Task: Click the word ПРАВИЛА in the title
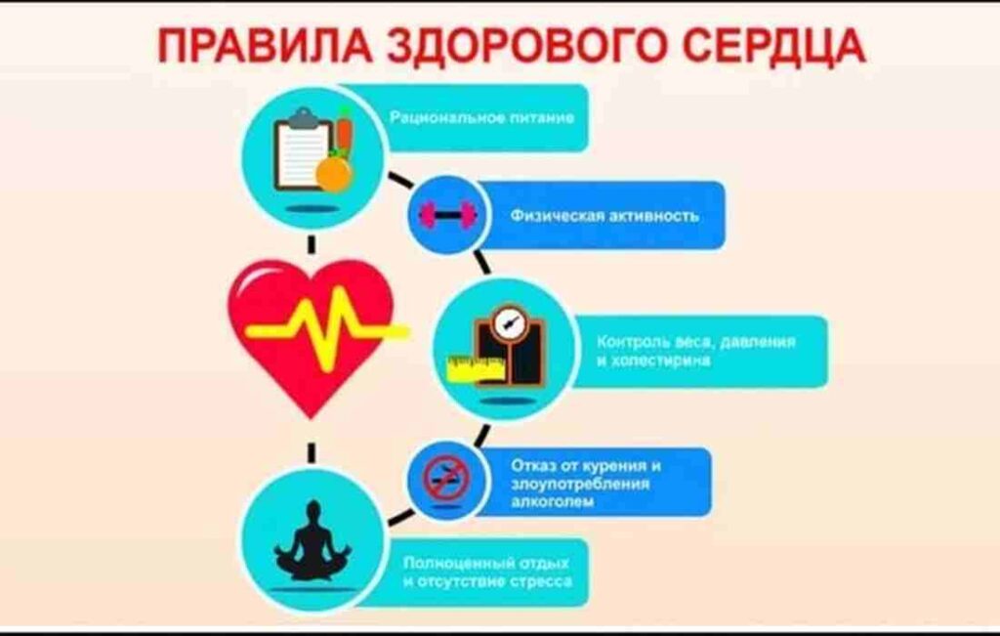[x=264, y=47]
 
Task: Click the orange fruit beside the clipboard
[x=334, y=175]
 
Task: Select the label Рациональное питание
[x=482, y=118]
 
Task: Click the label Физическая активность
[x=604, y=216]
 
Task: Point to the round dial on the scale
[x=510, y=320]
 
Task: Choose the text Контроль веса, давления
[x=696, y=342]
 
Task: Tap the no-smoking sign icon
[x=446, y=479]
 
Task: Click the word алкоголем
[x=553, y=501]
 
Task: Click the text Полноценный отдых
[x=486, y=564]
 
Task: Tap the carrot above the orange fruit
[x=345, y=135]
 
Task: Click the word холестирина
[x=660, y=360]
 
